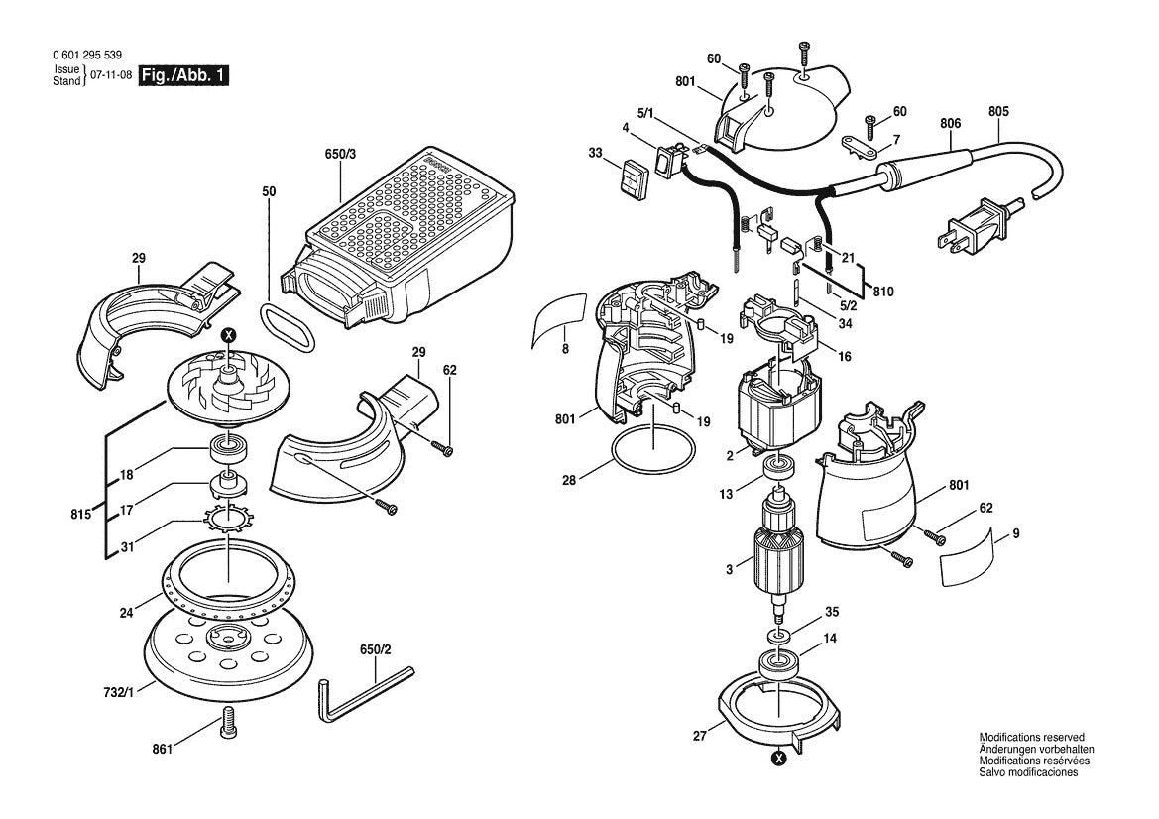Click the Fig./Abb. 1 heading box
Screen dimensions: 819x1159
point(183,76)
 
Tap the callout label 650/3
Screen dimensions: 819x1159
point(340,155)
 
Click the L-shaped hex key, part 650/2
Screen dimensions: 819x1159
point(363,690)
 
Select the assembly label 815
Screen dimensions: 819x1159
point(80,515)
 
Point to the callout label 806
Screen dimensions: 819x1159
point(950,123)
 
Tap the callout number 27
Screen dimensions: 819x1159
point(701,737)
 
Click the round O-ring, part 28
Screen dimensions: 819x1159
point(651,452)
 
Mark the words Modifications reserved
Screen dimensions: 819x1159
point(1031,738)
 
